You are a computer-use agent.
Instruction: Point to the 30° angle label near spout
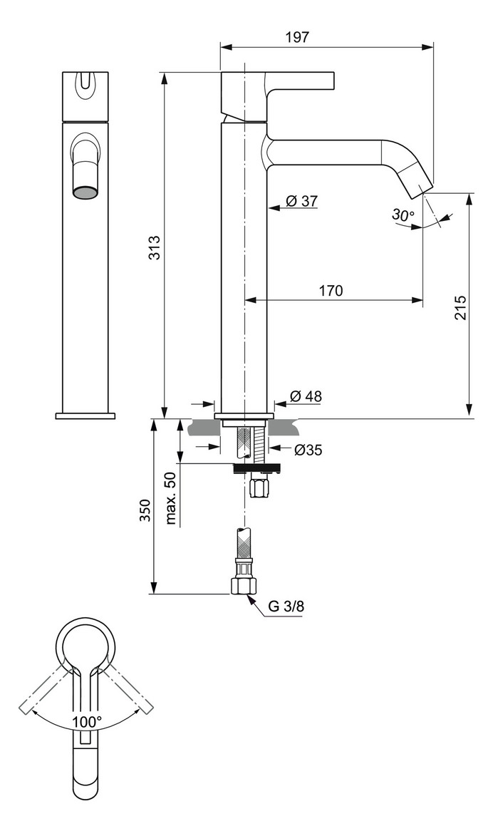click(403, 215)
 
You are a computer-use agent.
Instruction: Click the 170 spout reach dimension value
click(331, 291)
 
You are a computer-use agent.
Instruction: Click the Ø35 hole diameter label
click(307, 450)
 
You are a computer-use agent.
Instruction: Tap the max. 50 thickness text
click(171, 497)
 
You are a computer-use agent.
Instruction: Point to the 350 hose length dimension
click(145, 510)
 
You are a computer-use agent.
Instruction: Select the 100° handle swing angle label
click(86, 722)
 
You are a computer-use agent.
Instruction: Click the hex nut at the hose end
click(244, 585)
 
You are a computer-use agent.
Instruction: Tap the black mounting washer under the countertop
click(256, 468)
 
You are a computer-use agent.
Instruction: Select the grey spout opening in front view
click(85, 192)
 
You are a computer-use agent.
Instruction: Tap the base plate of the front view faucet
click(85, 415)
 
